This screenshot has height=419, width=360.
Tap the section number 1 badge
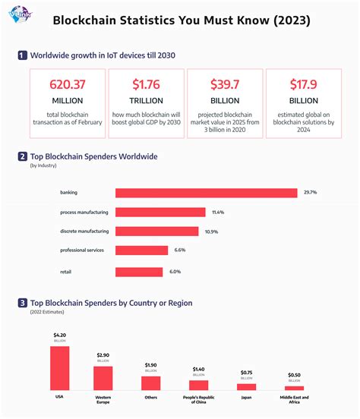(x=23, y=55)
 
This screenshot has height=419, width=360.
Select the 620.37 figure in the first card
(x=66, y=86)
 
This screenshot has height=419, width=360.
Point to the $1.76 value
(x=145, y=86)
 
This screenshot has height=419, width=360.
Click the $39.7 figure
(x=224, y=86)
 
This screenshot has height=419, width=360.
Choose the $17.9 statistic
(x=303, y=86)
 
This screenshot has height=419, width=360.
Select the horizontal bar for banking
(x=206, y=193)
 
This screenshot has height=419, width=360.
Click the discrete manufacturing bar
(x=156, y=232)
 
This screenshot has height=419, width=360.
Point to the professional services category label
(x=83, y=250)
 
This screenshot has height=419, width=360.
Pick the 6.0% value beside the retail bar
(x=175, y=271)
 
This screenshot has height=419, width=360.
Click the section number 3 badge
(x=23, y=303)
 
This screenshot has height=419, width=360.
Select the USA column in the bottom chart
(x=60, y=368)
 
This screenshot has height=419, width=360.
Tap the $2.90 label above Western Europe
(x=103, y=354)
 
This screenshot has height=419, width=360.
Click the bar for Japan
(x=246, y=386)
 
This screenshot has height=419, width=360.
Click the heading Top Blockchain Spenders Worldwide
(x=93, y=156)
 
